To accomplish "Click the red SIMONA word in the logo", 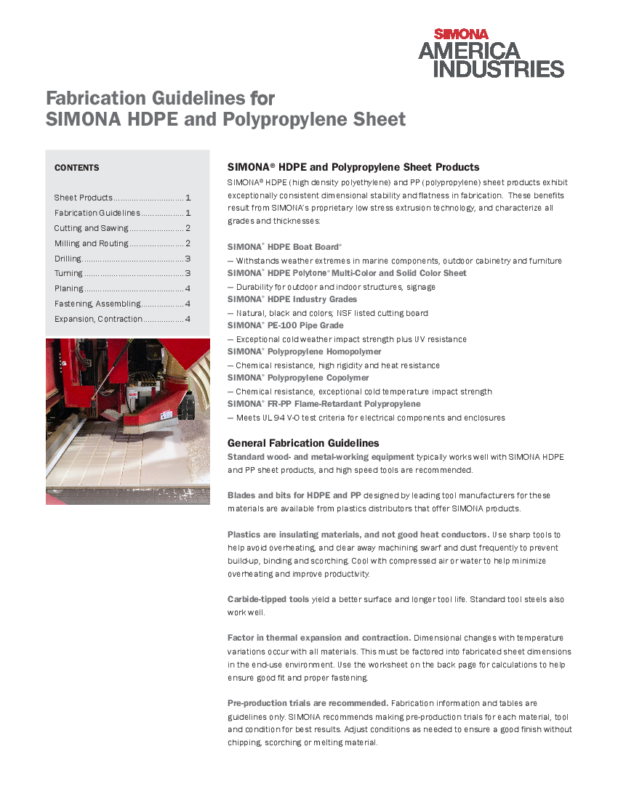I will click(461, 33).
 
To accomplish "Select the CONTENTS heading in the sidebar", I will click(76, 168).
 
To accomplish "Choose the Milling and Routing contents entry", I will click(91, 243).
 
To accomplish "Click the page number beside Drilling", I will click(188, 259).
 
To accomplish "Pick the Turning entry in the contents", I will click(68, 274).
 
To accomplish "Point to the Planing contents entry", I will click(68, 289).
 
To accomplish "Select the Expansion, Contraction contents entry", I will click(98, 319).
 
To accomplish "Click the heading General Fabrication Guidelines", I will click(303, 443).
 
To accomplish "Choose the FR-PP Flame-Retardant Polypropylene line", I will click(324, 404).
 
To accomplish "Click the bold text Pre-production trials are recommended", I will click(308, 703).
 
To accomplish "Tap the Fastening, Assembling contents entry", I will click(97, 304).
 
